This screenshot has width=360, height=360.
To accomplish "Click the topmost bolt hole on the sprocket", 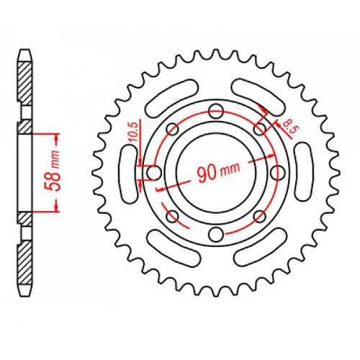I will pos(215,109).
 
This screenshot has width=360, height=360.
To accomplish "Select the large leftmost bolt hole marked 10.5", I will pos(153,173).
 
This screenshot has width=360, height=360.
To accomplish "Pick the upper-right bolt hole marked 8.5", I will pos(259,128).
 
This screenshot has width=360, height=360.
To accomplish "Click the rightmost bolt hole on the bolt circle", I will pos(278,172).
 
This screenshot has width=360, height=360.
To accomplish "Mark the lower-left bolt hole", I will pos(171,216).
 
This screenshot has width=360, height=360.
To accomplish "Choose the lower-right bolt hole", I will pos(259,216).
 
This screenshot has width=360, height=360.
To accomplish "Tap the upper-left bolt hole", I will pos(171,128).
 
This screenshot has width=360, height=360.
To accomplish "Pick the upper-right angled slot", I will pos(259,97).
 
